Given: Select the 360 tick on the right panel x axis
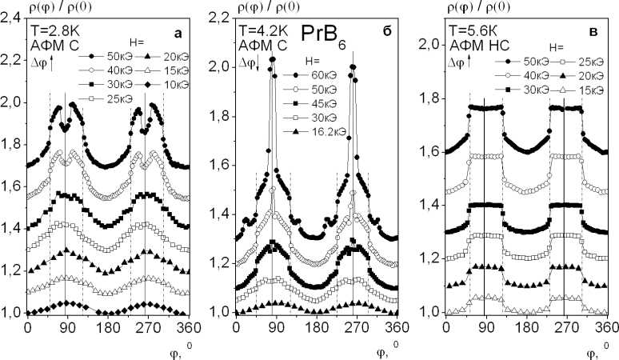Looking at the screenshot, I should tap(605, 329).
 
